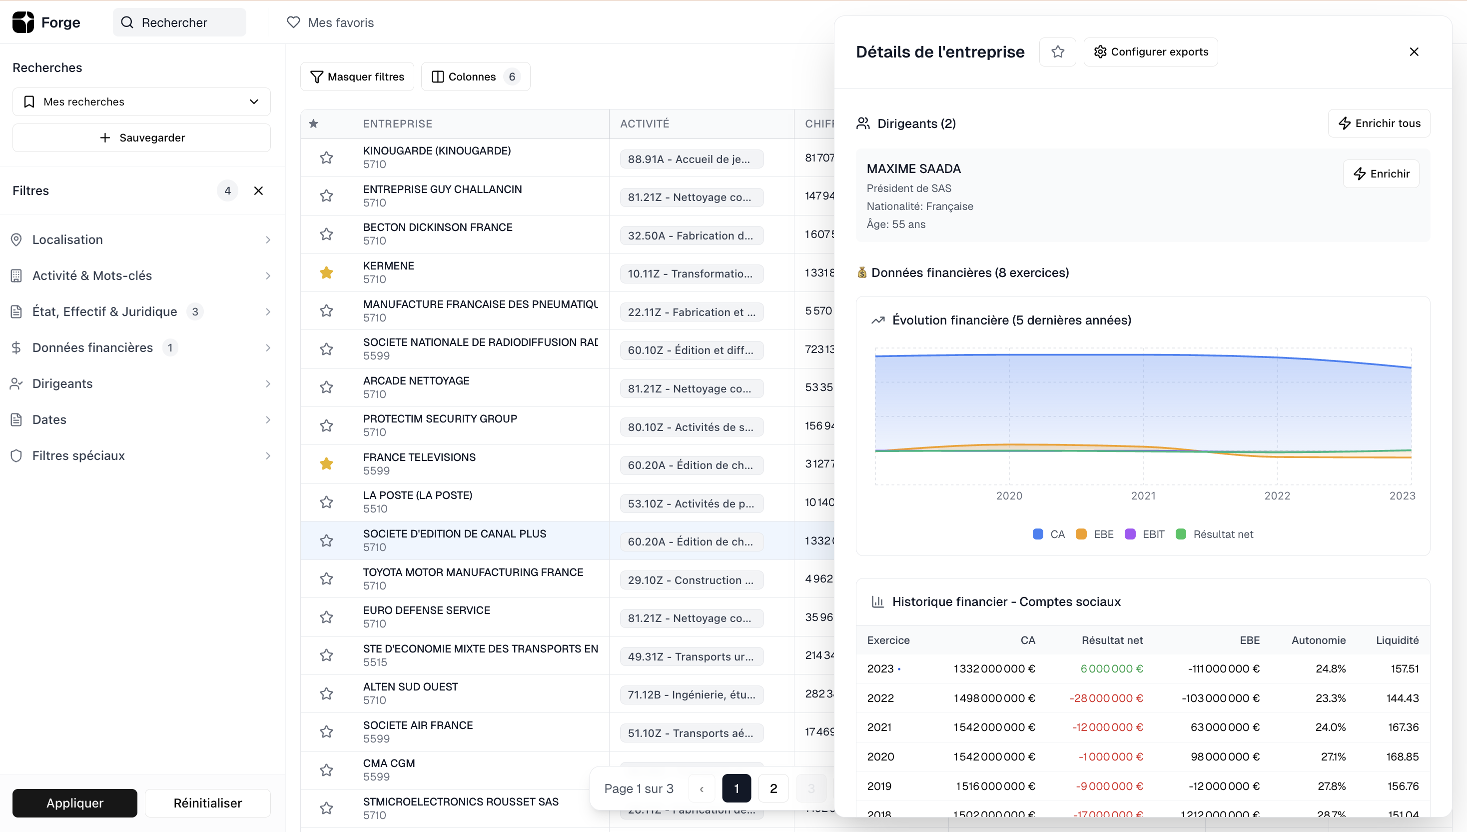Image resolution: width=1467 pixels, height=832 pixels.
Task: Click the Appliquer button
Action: (x=75, y=803)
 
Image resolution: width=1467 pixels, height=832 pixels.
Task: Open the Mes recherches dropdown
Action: (x=141, y=101)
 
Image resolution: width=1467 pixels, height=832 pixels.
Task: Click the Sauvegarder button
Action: (x=141, y=137)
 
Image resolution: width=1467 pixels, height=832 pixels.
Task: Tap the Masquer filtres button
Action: (x=357, y=76)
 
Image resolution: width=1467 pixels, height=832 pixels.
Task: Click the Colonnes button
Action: (x=475, y=76)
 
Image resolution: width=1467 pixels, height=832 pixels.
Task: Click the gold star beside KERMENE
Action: (x=326, y=272)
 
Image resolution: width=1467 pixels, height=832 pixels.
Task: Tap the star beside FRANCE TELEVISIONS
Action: (x=326, y=463)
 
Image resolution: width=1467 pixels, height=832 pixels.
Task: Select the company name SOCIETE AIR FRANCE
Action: (x=417, y=725)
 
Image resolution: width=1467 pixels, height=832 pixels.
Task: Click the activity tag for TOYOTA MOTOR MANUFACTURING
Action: (x=691, y=580)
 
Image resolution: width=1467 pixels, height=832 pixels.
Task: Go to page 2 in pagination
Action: (x=773, y=788)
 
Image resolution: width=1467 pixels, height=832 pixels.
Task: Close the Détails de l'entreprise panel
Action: (x=1414, y=52)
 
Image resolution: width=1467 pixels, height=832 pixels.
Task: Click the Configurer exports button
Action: (x=1151, y=52)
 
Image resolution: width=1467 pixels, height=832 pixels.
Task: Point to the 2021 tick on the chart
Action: (x=1143, y=495)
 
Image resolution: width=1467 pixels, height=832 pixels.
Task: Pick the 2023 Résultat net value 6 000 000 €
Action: (x=1111, y=668)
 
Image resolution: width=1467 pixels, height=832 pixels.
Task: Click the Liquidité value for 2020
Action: (x=1402, y=756)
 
